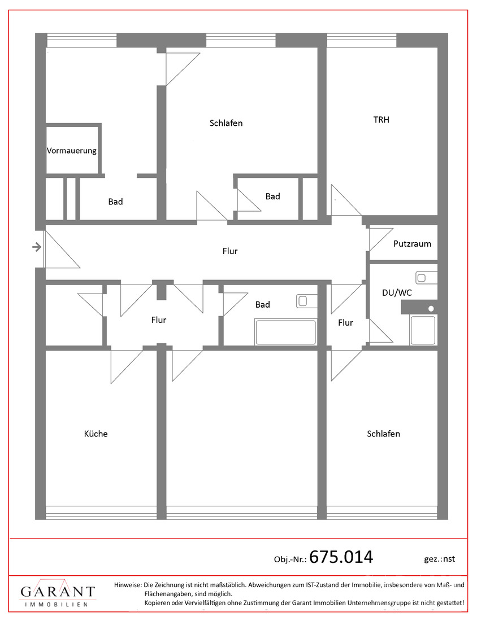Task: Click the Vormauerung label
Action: coord(72,151)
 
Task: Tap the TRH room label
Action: coord(381,120)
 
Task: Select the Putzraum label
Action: coord(413,243)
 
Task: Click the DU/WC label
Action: coord(397,292)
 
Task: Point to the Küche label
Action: coord(96,434)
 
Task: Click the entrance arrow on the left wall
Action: coord(37,247)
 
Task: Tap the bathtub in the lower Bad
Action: coord(286,332)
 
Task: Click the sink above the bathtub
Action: coord(307,301)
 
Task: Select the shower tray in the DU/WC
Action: coord(423,330)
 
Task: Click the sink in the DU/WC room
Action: coord(426,278)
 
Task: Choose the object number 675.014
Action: coord(341,557)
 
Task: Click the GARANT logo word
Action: coord(58,591)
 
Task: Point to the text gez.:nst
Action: coord(440,559)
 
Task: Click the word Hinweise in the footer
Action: coord(128,584)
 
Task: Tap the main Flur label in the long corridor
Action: coord(230,251)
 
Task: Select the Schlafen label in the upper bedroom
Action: coord(226,123)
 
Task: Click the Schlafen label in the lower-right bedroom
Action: coord(383,434)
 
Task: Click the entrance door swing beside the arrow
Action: coord(62,250)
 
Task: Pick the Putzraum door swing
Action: coord(381,239)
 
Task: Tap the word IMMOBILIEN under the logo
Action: coord(57,605)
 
